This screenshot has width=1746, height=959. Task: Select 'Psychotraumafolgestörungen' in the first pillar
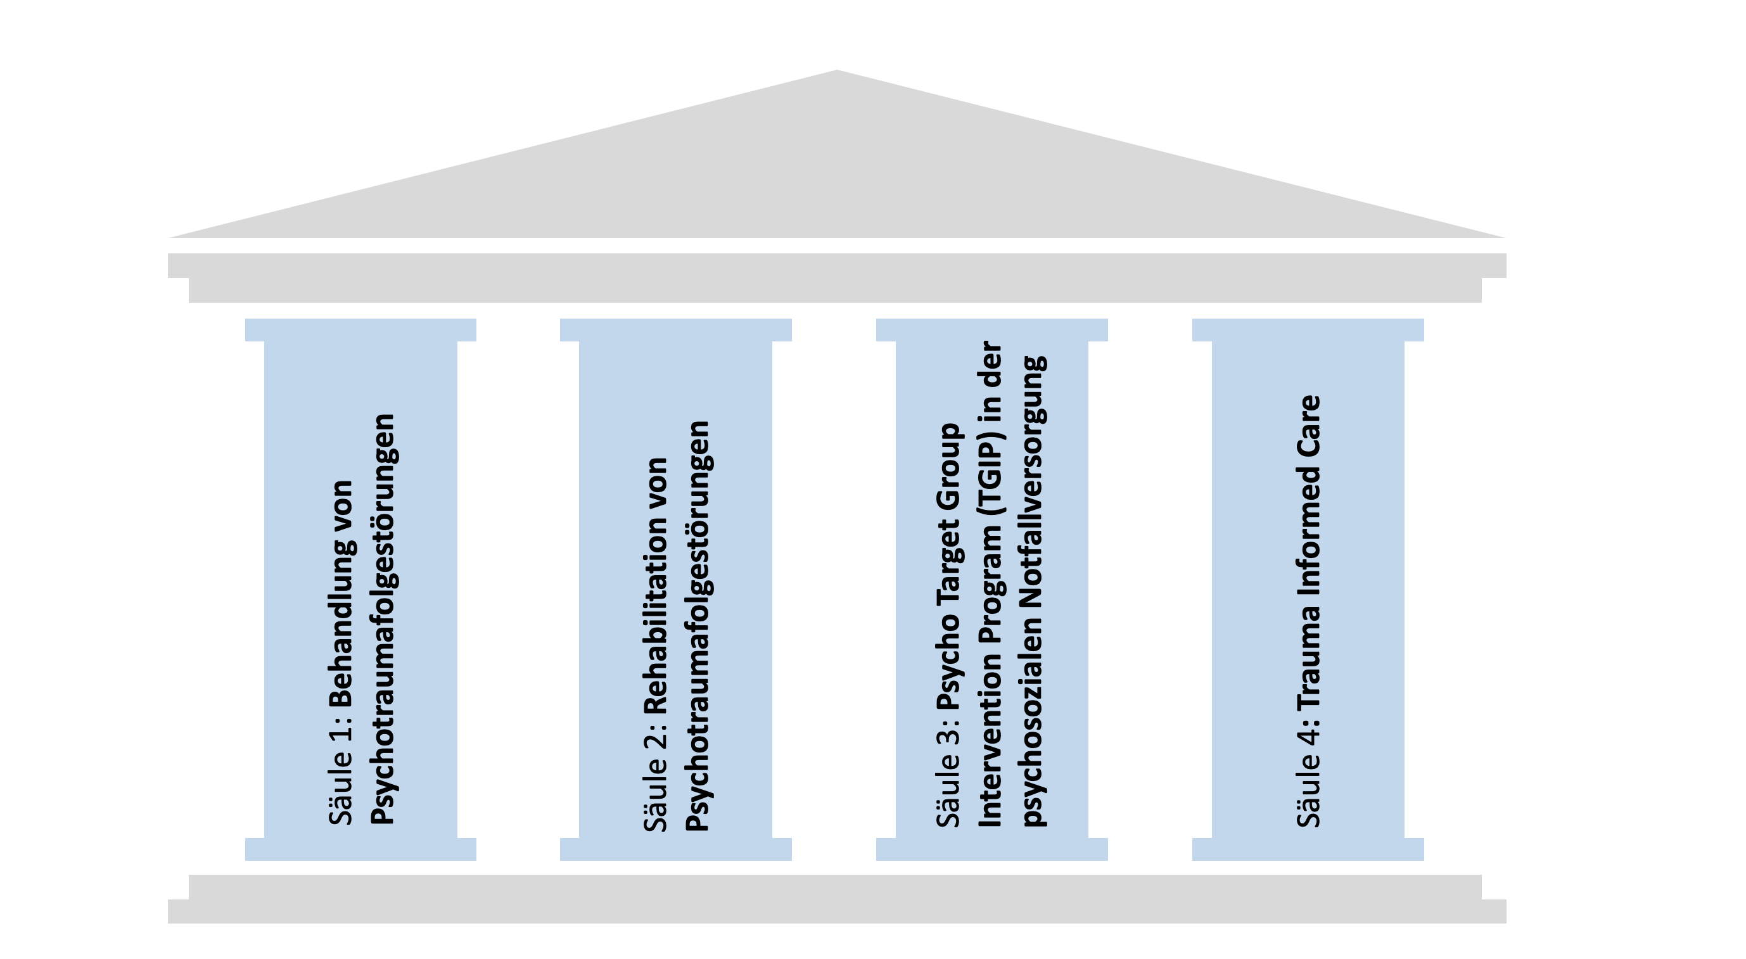point(384,619)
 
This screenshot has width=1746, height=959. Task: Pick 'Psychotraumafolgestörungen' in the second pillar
point(698,625)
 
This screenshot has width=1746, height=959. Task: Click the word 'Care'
point(1309,419)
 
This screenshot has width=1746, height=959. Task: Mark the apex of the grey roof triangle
point(837,71)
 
